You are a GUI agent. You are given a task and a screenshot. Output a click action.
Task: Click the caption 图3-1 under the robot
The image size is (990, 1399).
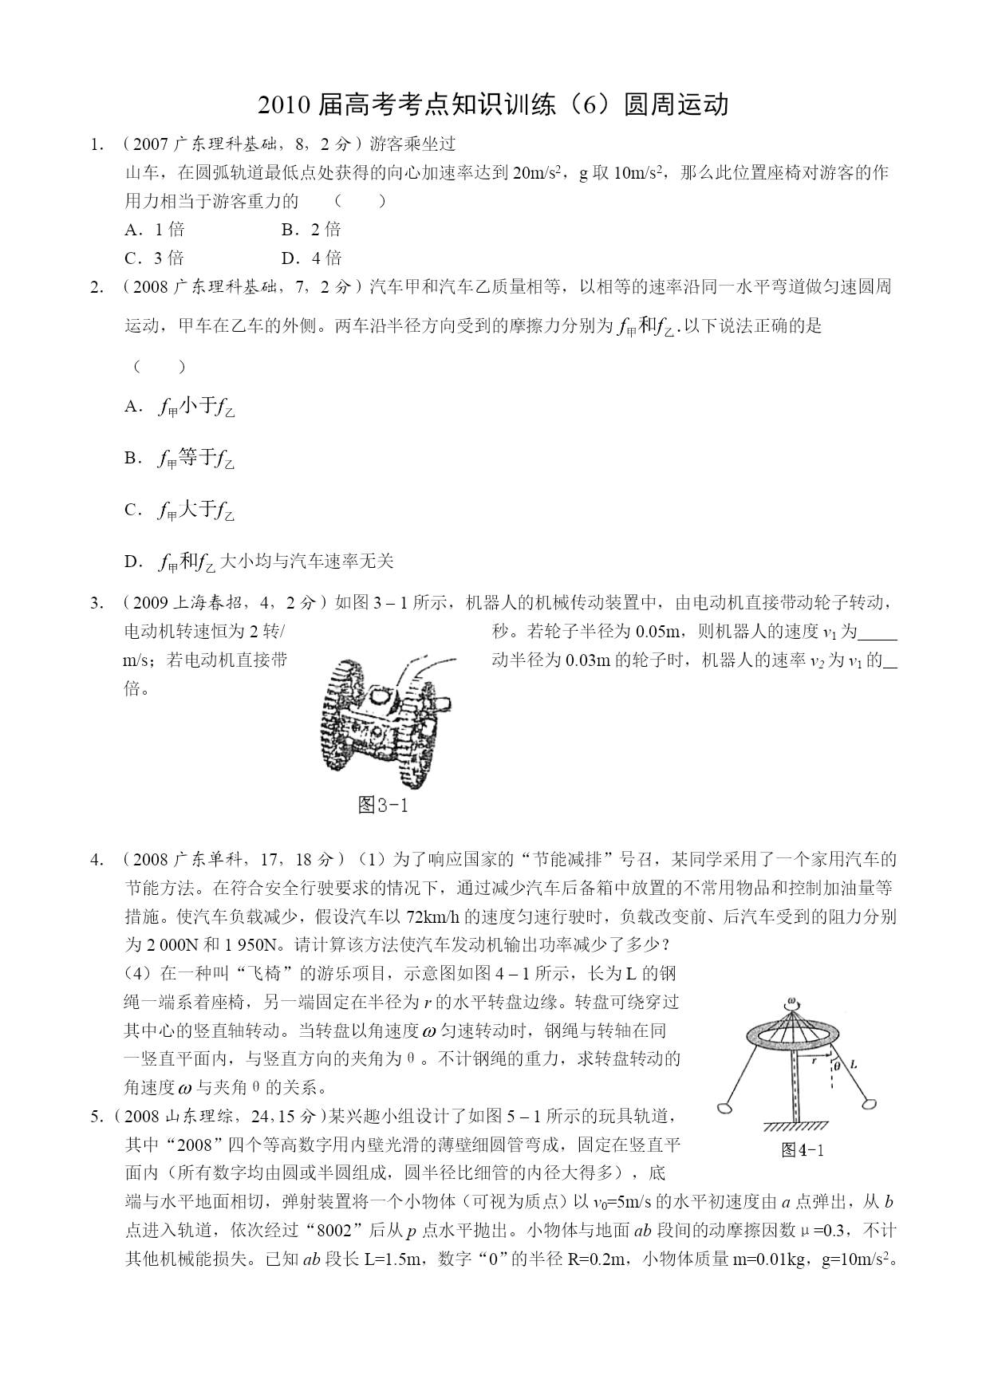pos(383,805)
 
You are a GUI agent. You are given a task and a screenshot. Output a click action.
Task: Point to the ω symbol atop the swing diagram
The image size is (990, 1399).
pos(791,1002)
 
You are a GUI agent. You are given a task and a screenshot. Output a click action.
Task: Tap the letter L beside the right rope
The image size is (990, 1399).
pos(854,1064)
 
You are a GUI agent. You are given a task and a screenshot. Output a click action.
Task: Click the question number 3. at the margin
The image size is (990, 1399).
pos(97,603)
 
